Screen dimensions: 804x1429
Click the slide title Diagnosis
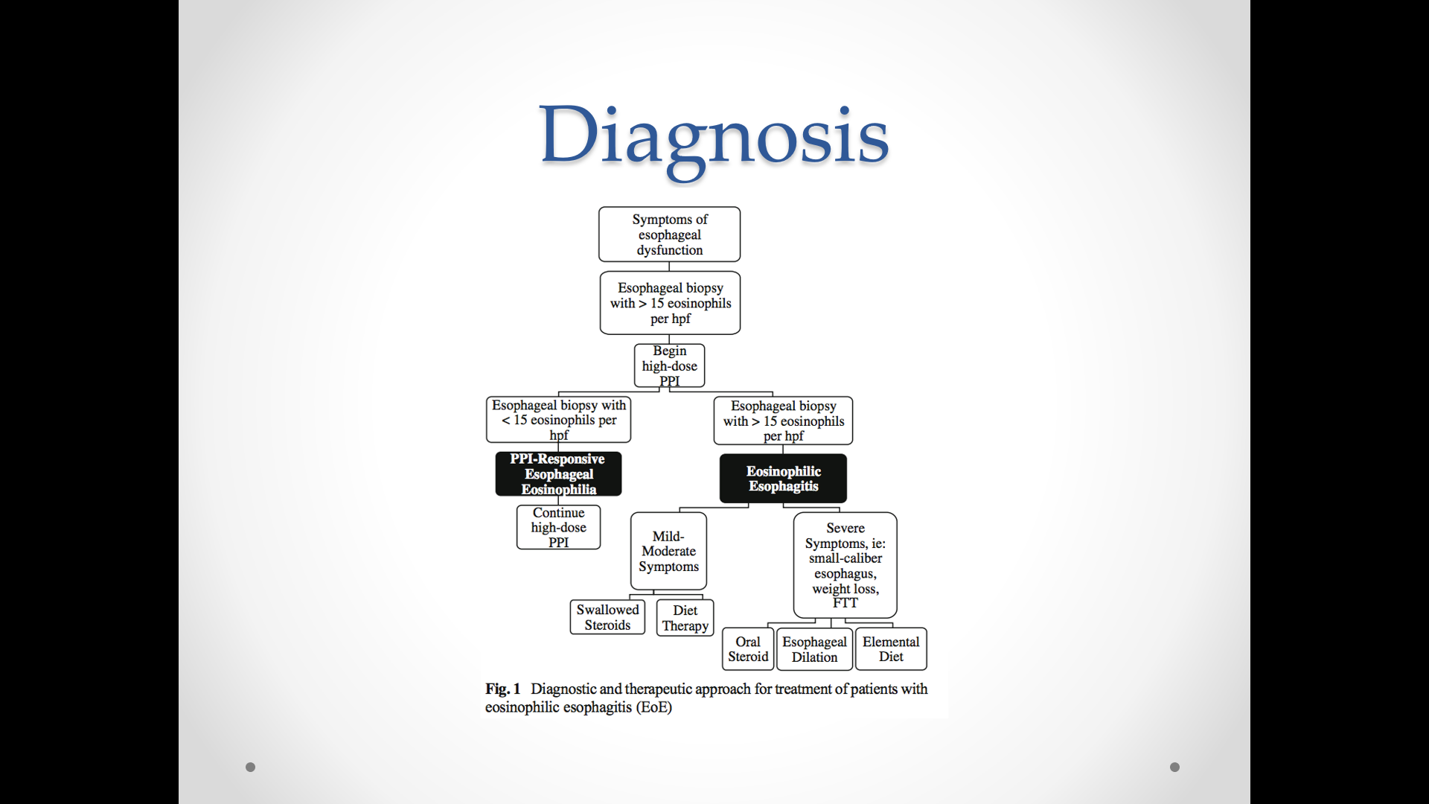tap(714, 135)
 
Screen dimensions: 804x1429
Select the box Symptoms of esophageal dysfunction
tap(669, 234)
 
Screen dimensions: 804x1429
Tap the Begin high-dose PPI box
tap(669, 366)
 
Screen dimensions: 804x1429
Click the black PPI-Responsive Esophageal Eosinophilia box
tap(558, 474)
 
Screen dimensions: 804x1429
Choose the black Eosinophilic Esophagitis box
tap(783, 479)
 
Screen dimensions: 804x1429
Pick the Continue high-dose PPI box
tap(558, 528)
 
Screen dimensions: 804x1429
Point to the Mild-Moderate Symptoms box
tap(668, 552)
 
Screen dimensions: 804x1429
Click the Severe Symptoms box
tap(845, 564)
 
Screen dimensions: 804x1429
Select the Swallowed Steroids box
tap(607, 617)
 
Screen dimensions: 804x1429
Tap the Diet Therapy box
tap(685, 618)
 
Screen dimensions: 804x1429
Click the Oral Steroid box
tap(748, 649)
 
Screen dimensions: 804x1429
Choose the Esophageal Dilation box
tap(814, 649)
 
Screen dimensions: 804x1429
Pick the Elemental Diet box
tap(891, 649)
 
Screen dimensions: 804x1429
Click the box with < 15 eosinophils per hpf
tap(558, 420)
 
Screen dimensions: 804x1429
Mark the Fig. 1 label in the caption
tap(502, 689)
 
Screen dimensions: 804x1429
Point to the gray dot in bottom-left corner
tap(250, 767)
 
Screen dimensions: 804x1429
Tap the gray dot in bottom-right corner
tap(1174, 767)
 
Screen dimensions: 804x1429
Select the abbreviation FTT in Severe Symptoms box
tap(845, 603)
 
